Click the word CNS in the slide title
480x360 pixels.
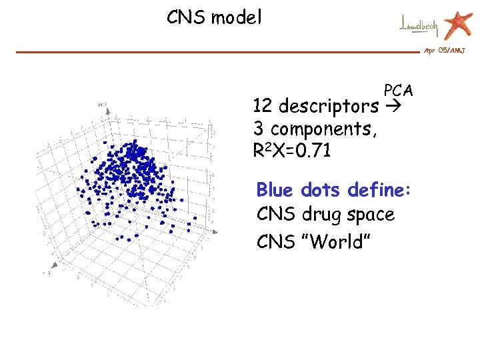186,17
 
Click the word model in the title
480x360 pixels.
236,17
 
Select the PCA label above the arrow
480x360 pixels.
398,91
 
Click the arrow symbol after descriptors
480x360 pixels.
395,106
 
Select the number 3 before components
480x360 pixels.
258,128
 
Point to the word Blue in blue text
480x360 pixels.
275,190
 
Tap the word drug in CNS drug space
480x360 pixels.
319,215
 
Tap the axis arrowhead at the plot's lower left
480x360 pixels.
47,273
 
